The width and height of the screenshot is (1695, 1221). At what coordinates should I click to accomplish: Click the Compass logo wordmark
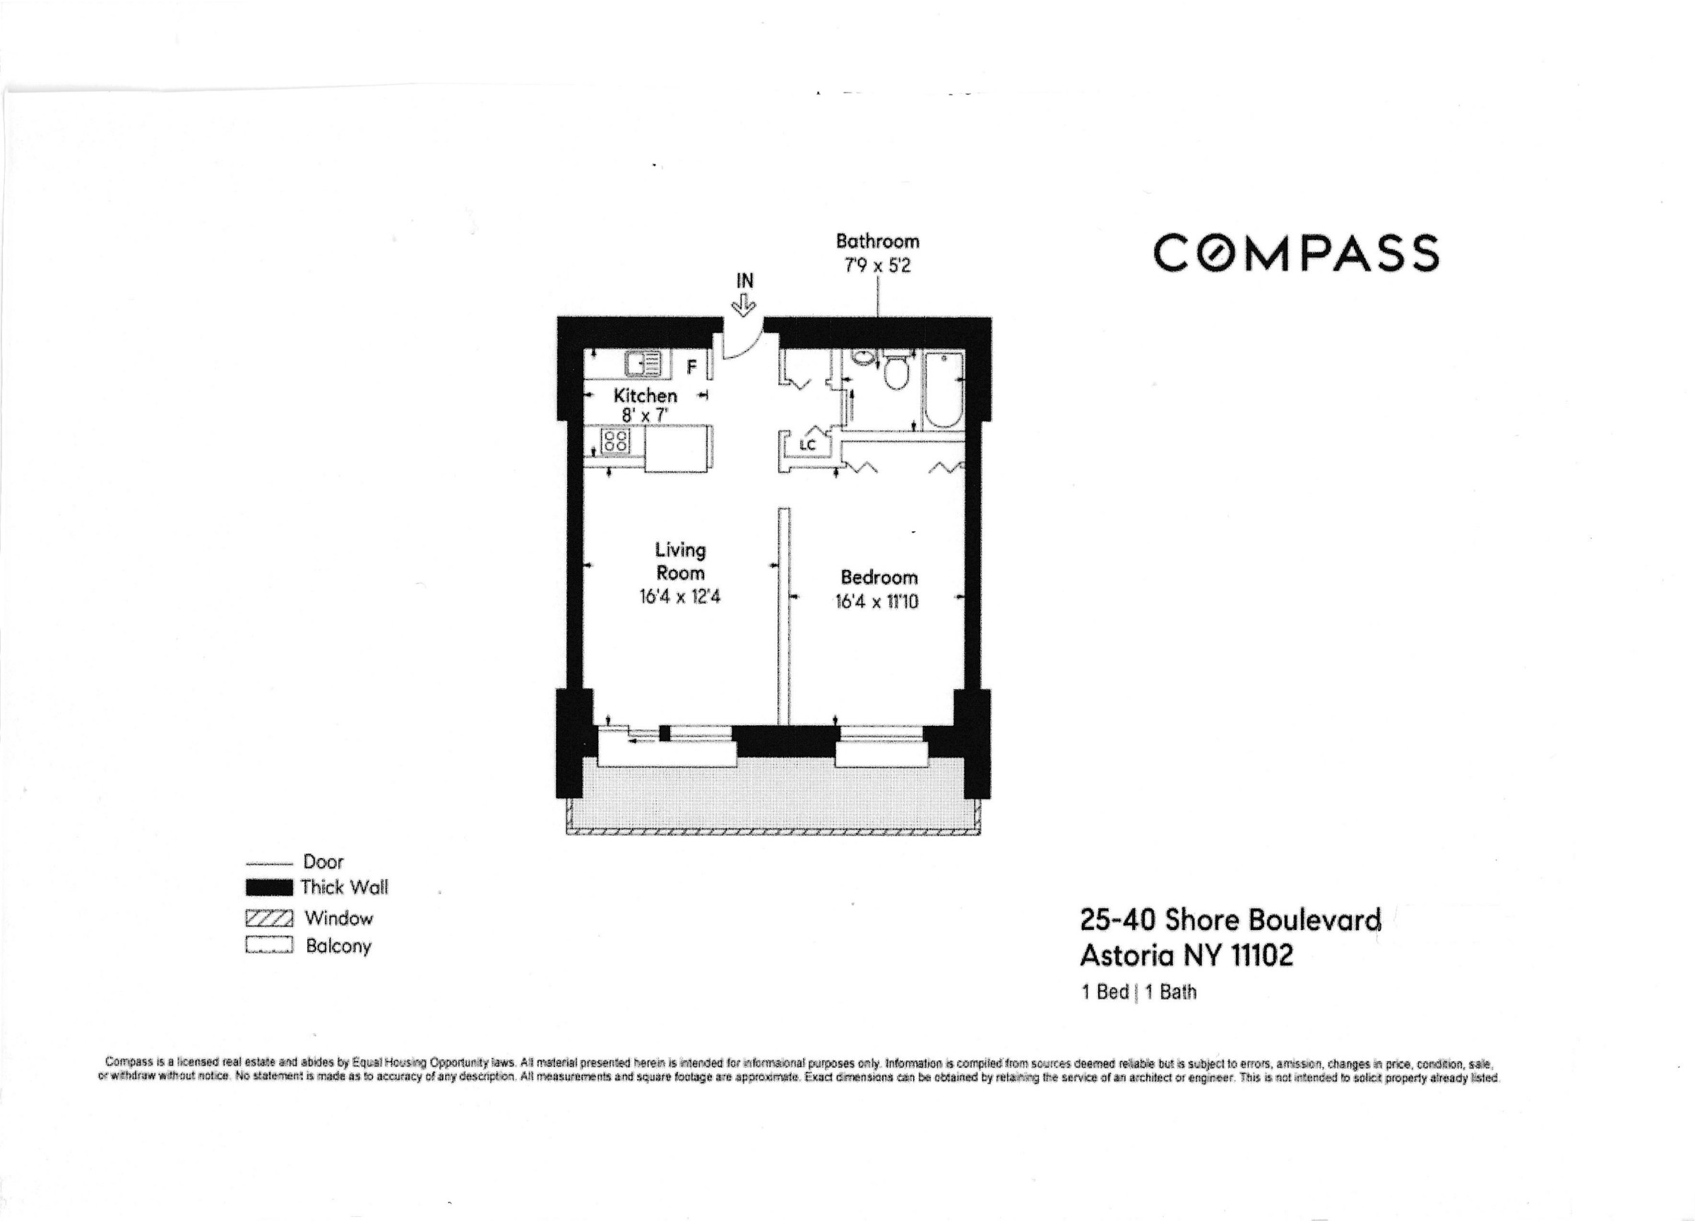coord(1295,253)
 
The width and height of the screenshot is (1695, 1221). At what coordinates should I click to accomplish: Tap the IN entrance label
coord(744,281)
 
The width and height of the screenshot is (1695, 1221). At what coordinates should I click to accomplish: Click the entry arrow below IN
coord(744,304)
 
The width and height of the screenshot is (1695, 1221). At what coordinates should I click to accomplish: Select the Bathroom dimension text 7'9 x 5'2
coord(876,266)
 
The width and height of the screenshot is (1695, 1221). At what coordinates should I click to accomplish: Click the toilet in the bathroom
coord(896,371)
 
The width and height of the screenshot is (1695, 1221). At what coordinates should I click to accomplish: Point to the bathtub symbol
coord(942,390)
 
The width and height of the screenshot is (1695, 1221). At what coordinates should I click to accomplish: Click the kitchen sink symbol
coord(643,364)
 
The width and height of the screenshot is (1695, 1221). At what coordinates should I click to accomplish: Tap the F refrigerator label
coord(691,367)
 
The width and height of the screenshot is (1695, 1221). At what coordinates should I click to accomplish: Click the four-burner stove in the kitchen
coord(616,440)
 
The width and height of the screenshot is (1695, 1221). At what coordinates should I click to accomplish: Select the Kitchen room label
coord(645,395)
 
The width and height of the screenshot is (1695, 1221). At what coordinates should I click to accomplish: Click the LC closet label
coord(807,446)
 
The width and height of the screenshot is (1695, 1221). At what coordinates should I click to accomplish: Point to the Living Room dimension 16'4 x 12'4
coord(679,597)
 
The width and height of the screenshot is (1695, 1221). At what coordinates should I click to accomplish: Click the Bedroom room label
coord(879,577)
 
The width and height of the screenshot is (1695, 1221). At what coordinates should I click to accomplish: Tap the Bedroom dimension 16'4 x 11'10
coord(876,602)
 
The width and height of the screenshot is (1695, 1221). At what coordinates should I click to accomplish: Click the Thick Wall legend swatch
coord(269,888)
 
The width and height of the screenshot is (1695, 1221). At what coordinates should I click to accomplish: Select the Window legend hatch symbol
coord(269,917)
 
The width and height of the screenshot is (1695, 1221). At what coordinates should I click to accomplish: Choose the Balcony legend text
coord(338,946)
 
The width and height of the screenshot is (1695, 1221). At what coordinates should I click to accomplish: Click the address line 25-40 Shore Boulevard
coord(1230,919)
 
